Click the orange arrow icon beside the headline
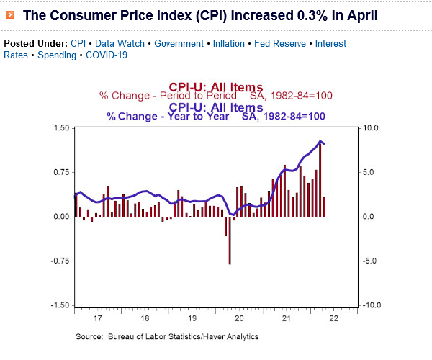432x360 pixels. [x=9, y=14]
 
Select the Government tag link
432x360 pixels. [x=179, y=43]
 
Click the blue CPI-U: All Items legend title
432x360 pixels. [x=215, y=107]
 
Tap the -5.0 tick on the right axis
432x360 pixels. [x=369, y=261]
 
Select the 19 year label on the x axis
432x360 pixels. [x=192, y=318]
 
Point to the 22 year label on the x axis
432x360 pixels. [x=333, y=318]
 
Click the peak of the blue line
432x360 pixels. [x=320, y=141]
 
